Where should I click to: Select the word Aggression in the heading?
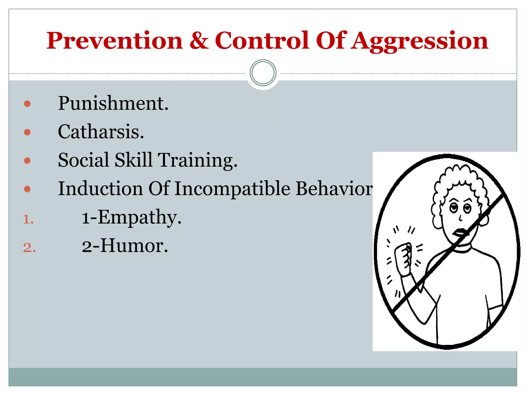point(420,41)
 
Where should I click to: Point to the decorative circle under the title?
point(263,73)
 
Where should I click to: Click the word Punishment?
point(113,103)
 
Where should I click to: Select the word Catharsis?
point(101,132)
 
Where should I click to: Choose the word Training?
point(197,160)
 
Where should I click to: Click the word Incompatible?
point(232,188)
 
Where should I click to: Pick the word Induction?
point(100,188)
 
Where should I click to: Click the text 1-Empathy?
point(131,218)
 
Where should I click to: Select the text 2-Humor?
point(125,246)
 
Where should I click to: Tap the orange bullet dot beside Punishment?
point(27,104)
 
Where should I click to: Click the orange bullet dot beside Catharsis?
point(27,132)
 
